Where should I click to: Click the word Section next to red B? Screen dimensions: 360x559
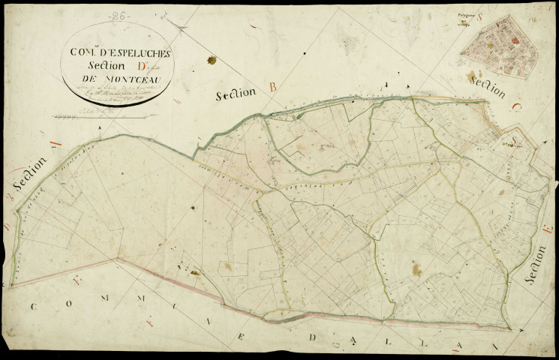tap(236, 94)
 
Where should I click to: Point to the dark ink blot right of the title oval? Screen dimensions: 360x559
tap(212, 60)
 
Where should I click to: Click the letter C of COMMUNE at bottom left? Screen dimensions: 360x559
tap(33, 306)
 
